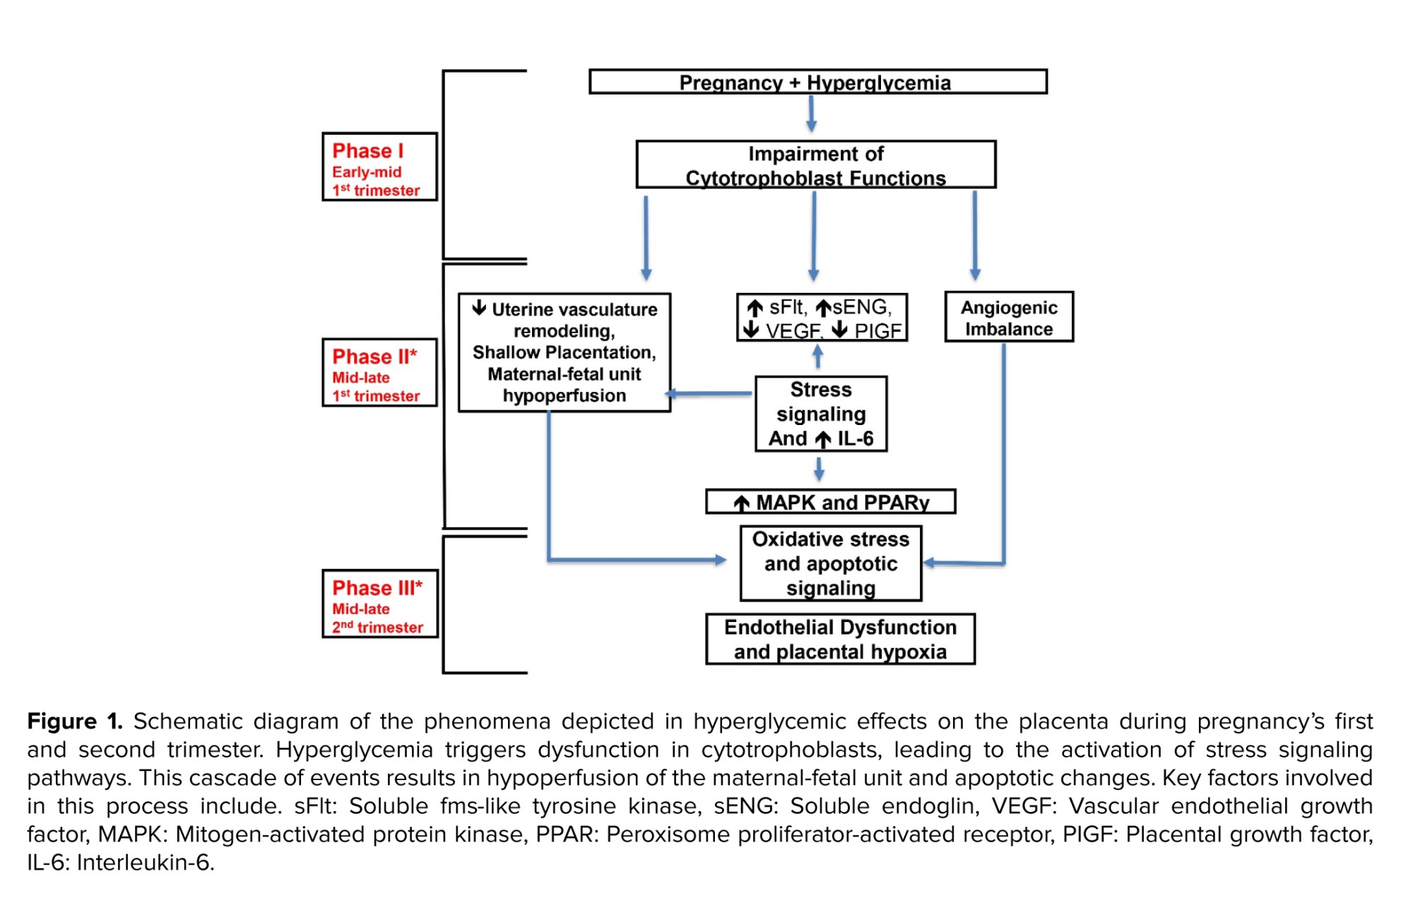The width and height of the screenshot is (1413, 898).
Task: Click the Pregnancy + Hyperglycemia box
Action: pos(817,82)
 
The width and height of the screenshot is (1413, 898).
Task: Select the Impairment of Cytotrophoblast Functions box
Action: pos(815,165)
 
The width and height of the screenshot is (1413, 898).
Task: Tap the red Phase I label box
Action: pos(379,167)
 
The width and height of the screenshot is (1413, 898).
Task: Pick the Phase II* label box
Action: pos(379,373)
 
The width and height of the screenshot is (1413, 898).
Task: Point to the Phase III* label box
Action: pos(379,604)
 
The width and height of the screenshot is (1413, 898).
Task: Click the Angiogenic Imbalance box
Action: pos(1008,318)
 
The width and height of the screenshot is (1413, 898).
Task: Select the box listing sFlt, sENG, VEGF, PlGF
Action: pos(822,318)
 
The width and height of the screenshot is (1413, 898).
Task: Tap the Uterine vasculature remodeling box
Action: pos(564,352)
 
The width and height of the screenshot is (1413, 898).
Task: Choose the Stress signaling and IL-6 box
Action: pos(821,414)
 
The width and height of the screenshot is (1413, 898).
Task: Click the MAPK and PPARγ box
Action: pos(830,502)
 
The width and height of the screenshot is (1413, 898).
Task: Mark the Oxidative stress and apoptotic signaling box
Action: pos(830,563)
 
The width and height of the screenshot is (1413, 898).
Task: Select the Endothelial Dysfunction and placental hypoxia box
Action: pos(840,639)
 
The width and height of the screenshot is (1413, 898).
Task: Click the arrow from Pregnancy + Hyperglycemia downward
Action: pos(811,114)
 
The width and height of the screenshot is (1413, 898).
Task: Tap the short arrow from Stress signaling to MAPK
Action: pos(819,469)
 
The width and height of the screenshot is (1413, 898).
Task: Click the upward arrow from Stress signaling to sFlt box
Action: pos(817,357)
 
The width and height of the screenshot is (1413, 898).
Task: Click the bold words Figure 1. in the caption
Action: pos(75,722)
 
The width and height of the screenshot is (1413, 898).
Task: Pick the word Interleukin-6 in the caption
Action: pos(144,863)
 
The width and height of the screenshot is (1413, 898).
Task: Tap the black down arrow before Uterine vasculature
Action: pos(479,308)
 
